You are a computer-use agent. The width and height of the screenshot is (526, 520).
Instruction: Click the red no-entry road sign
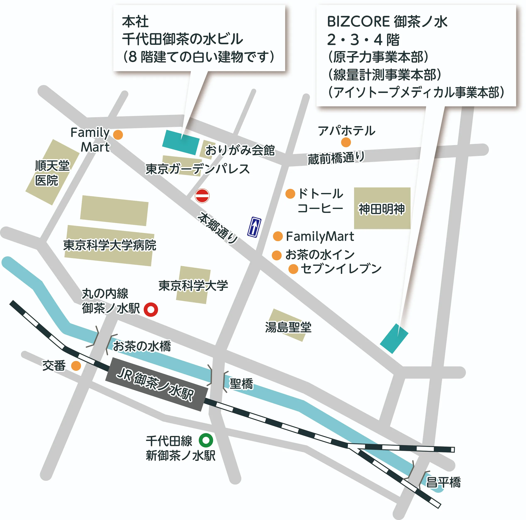point(202,196)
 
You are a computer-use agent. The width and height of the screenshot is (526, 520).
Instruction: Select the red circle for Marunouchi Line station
point(151,309)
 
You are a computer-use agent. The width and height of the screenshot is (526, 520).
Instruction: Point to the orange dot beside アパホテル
point(346,142)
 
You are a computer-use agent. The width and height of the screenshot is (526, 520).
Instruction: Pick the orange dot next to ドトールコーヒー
point(290,194)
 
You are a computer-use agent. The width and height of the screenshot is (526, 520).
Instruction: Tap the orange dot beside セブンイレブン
point(293,269)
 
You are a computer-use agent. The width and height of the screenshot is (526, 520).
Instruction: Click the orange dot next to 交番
point(76,366)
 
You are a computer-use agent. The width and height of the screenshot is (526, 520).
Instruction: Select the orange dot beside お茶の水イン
point(277,255)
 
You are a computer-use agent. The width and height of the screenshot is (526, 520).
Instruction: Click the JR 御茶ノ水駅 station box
point(157,384)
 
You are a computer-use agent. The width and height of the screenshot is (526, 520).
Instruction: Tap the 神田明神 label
point(382,209)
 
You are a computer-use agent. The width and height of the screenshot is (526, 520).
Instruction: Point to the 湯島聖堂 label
point(288,327)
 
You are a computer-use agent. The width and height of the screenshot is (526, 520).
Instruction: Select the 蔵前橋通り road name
point(336,158)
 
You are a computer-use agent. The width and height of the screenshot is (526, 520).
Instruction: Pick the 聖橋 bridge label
point(241,384)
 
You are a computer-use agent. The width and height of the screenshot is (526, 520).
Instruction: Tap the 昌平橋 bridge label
point(443,482)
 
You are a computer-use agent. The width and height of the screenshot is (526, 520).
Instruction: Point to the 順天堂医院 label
point(52,173)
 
